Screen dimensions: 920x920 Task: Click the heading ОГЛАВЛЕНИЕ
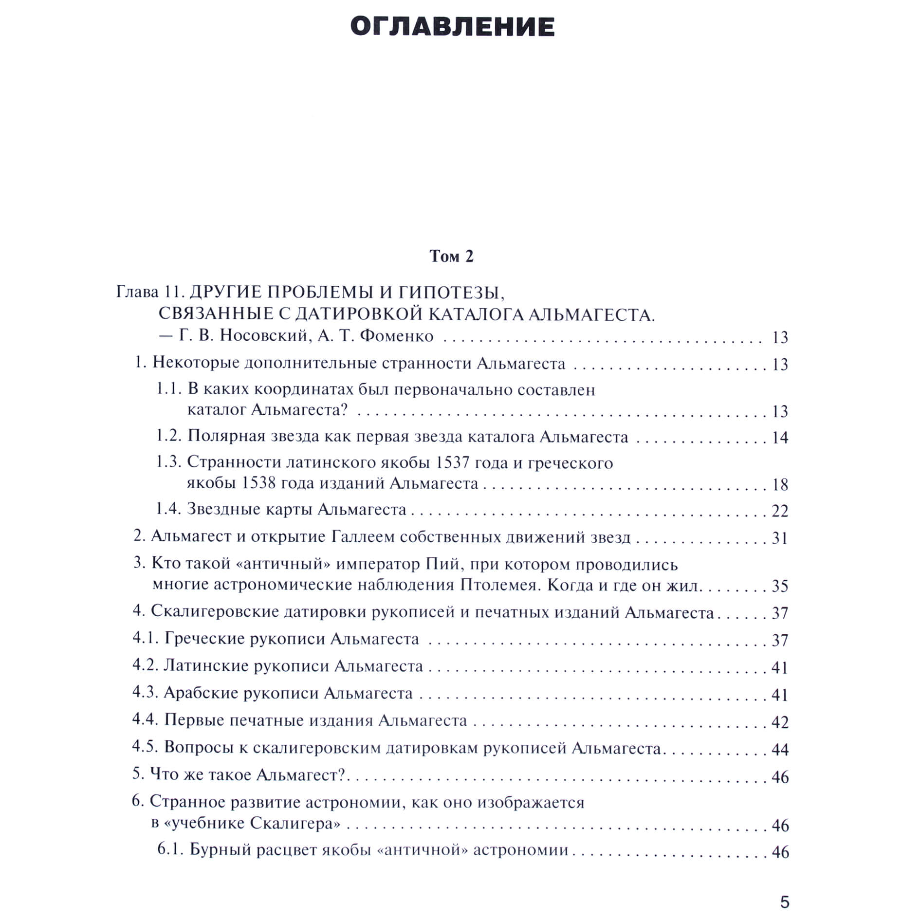click(452, 27)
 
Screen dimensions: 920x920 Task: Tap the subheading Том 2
click(451, 256)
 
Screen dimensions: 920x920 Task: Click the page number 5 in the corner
click(785, 902)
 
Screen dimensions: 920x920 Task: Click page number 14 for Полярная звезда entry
click(780, 438)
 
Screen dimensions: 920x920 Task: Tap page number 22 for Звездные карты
click(780, 511)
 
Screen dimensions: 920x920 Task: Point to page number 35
click(780, 586)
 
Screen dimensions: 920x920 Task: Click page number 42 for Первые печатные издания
click(780, 722)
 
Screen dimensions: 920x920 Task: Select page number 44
click(780, 749)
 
